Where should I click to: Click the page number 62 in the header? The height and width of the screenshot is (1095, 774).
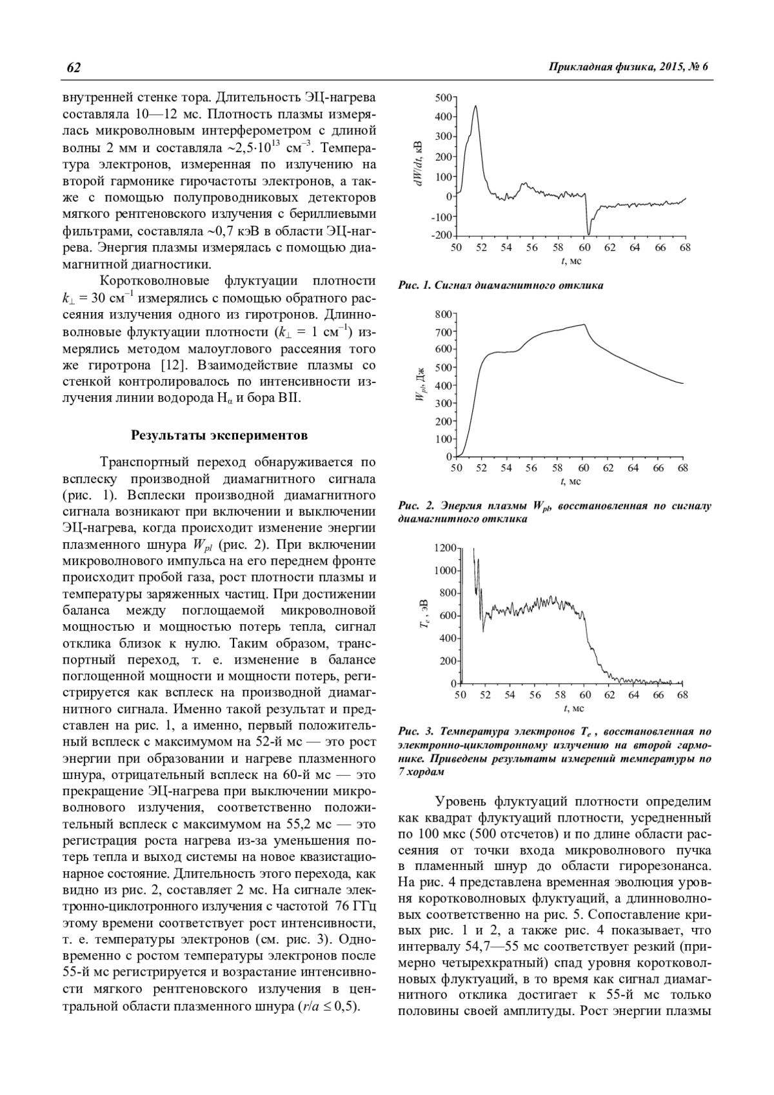pos(72,68)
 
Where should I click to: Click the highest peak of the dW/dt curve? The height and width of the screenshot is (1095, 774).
pos(475,106)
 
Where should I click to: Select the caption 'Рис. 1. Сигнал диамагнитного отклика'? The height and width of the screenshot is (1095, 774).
pos(501,285)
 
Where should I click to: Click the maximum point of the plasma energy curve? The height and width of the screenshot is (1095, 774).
pos(584,324)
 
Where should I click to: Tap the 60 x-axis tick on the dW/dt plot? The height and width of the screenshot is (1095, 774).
pos(584,248)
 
